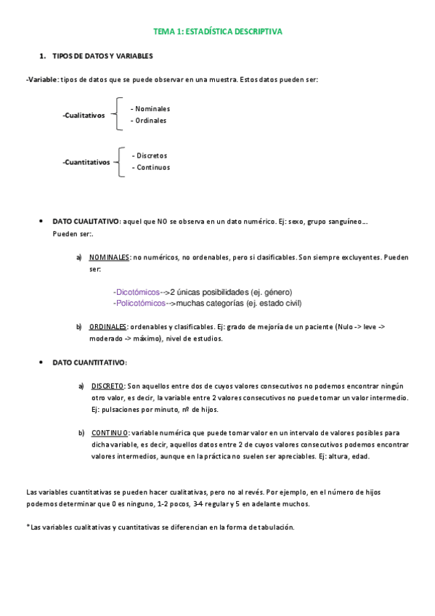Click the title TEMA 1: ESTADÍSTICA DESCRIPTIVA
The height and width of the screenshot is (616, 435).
click(217, 32)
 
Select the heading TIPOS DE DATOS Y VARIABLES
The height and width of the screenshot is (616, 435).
click(102, 56)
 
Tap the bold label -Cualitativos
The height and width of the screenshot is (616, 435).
click(84, 115)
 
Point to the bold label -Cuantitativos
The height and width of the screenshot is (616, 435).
click(86, 162)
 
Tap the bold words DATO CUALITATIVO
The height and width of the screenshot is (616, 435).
click(86, 221)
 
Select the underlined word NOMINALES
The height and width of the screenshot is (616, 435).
click(110, 257)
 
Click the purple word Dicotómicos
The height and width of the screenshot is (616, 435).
click(137, 292)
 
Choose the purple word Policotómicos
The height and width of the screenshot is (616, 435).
click(140, 303)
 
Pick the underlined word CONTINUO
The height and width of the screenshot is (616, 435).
click(110, 433)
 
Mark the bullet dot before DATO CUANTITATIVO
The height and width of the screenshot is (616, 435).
click(41, 362)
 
